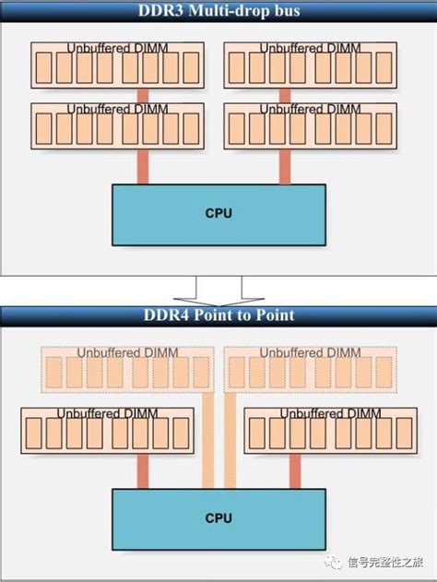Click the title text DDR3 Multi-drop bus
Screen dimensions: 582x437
pyautogui.click(x=218, y=10)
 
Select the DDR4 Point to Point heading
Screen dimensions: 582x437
pyautogui.click(x=218, y=315)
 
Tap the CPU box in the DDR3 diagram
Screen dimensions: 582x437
pyautogui.click(x=218, y=214)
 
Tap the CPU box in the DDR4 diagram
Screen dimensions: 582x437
pyautogui.click(x=218, y=518)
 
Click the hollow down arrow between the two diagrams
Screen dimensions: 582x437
pyautogui.click(x=218, y=289)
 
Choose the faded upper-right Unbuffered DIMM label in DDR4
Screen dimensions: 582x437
pyautogui.click(x=310, y=352)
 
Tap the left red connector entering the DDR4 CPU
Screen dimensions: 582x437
pyautogui.click(x=143, y=471)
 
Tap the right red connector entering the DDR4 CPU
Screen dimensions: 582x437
pyautogui.click(x=293, y=471)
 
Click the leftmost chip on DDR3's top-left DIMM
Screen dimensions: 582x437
pyautogui.click(x=42, y=68)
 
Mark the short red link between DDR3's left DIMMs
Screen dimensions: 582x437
pyautogui.click(x=143, y=95)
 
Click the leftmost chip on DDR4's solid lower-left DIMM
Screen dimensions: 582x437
pyautogui.click(x=33, y=434)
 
